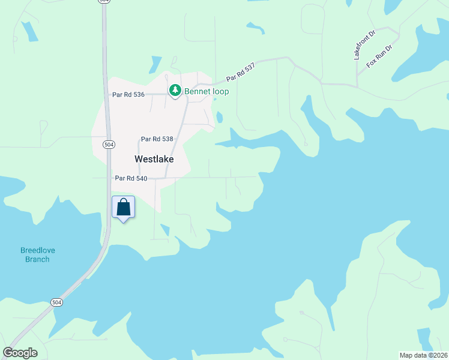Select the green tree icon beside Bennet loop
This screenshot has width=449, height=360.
(x=175, y=91)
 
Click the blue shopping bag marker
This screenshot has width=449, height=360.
(x=124, y=208)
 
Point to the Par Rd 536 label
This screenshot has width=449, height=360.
(x=128, y=94)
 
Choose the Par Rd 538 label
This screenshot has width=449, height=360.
(x=157, y=139)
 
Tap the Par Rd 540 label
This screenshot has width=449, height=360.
(x=131, y=178)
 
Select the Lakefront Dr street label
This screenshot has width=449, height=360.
(x=364, y=45)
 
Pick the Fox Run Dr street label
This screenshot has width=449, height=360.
(x=379, y=56)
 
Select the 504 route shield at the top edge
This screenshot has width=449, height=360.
(x=104, y=2)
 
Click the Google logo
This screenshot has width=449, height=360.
(x=20, y=353)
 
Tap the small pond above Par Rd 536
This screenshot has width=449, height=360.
(x=155, y=63)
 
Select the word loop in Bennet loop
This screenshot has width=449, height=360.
(x=219, y=91)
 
